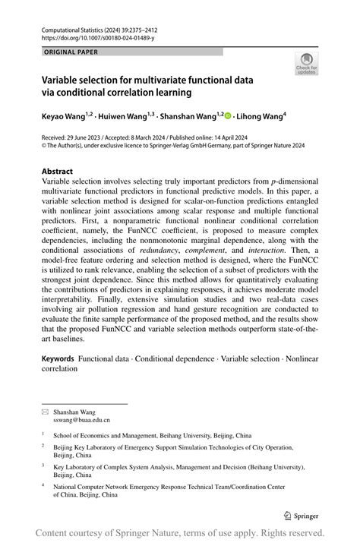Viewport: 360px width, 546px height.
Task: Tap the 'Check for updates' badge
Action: tap(307, 65)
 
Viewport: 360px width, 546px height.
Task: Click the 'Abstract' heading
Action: tap(58, 172)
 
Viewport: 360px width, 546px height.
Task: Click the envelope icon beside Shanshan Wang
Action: tap(45, 411)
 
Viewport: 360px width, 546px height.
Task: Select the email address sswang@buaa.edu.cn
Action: tap(81, 419)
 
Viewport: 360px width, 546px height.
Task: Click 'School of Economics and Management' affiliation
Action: tap(106, 436)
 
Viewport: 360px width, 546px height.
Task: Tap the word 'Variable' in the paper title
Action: tap(64, 79)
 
